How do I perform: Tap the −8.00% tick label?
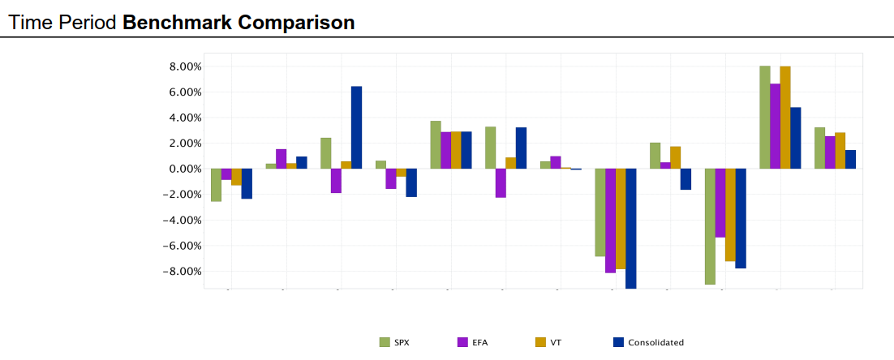182,271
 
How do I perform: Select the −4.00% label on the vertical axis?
182,220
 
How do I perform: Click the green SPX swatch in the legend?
385,342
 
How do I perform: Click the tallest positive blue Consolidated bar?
356,127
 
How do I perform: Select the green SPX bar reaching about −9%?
710,226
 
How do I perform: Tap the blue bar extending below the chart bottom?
630,228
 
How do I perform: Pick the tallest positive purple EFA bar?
775,126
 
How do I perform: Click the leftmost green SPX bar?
216,185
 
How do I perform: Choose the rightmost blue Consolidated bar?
850,159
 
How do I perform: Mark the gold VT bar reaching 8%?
785,118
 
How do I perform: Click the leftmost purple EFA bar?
226,174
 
